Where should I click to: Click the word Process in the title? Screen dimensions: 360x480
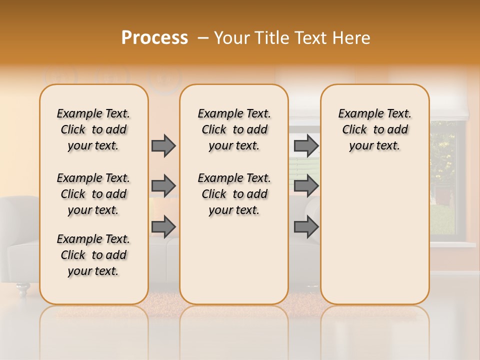coord(154,38)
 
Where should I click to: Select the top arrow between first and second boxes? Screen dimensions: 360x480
coord(163,145)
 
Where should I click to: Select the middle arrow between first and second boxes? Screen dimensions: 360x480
coord(163,186)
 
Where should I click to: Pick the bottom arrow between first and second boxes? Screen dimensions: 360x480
coord(163,227)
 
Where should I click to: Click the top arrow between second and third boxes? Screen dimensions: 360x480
coord(306,145)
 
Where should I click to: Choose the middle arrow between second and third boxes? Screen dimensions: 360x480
coord(306,186)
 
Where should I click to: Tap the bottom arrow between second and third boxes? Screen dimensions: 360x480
coord(306,227)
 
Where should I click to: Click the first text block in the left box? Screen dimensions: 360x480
coord(93,129)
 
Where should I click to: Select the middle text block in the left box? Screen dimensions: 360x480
coord(93,194)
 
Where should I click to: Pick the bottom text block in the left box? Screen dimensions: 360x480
coord(93,255)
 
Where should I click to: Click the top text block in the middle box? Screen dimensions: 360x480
coord(234,129)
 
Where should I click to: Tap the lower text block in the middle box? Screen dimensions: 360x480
coord(234,194)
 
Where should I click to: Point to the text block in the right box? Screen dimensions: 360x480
coord(374,129)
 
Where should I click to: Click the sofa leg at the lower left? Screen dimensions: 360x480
coord(22,288)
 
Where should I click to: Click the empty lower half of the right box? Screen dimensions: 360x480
coord(374,240)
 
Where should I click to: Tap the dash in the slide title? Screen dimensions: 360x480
coord(203,38)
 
